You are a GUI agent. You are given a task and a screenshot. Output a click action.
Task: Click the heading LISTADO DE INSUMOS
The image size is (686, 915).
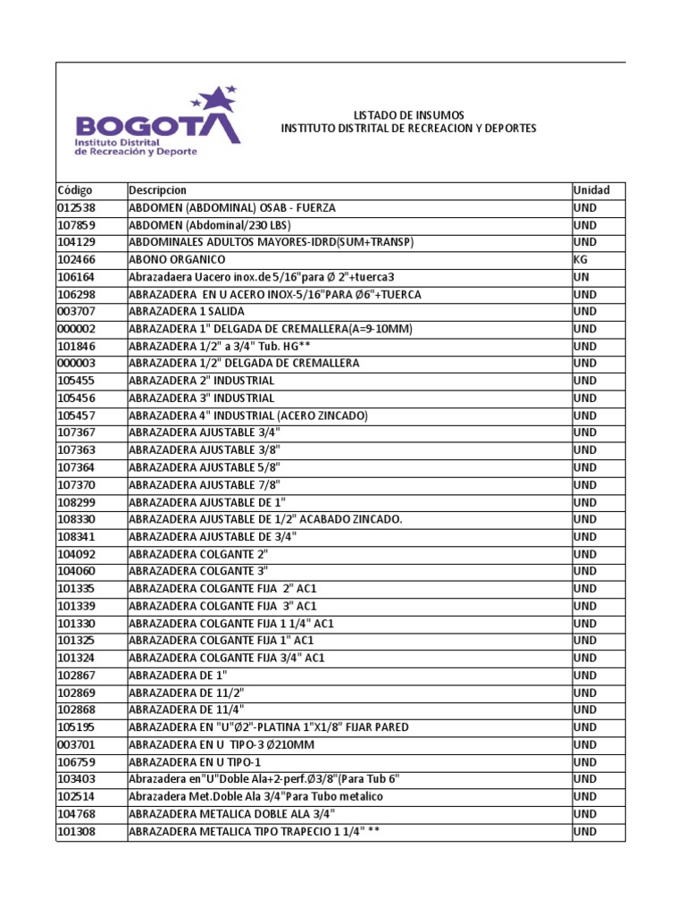coord(408,115)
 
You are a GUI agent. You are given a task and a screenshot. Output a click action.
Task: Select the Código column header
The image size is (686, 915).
coord(74,190)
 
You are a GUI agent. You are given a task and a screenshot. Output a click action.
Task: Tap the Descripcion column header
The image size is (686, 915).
coord(158,190)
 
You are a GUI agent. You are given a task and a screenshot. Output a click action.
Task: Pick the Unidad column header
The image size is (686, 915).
coord(591,190)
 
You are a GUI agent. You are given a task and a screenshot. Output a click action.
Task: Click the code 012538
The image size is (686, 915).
coord(75,207)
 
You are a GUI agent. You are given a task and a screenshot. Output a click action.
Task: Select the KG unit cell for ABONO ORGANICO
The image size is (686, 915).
coord(581,259)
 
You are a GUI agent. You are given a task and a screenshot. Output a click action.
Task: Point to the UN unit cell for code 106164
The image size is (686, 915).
coord(581,277)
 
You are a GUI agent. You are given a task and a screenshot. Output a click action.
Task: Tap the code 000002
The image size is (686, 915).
coord(75,329)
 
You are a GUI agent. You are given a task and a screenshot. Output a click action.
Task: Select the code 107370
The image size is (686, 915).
coord(75,484)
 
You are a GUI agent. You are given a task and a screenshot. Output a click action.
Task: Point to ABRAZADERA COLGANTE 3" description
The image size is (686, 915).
coord(198,571)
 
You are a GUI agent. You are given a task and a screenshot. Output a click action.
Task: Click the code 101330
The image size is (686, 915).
coord(75,623)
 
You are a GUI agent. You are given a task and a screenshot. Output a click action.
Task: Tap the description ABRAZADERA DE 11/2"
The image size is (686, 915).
coord(186,693)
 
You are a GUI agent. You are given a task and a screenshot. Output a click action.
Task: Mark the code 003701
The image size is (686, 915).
coord(75,744)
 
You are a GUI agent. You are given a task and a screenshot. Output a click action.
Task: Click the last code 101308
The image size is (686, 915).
coord(75,832)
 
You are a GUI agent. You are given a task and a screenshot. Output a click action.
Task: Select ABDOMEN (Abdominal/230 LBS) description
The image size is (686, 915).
coord(210,225)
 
